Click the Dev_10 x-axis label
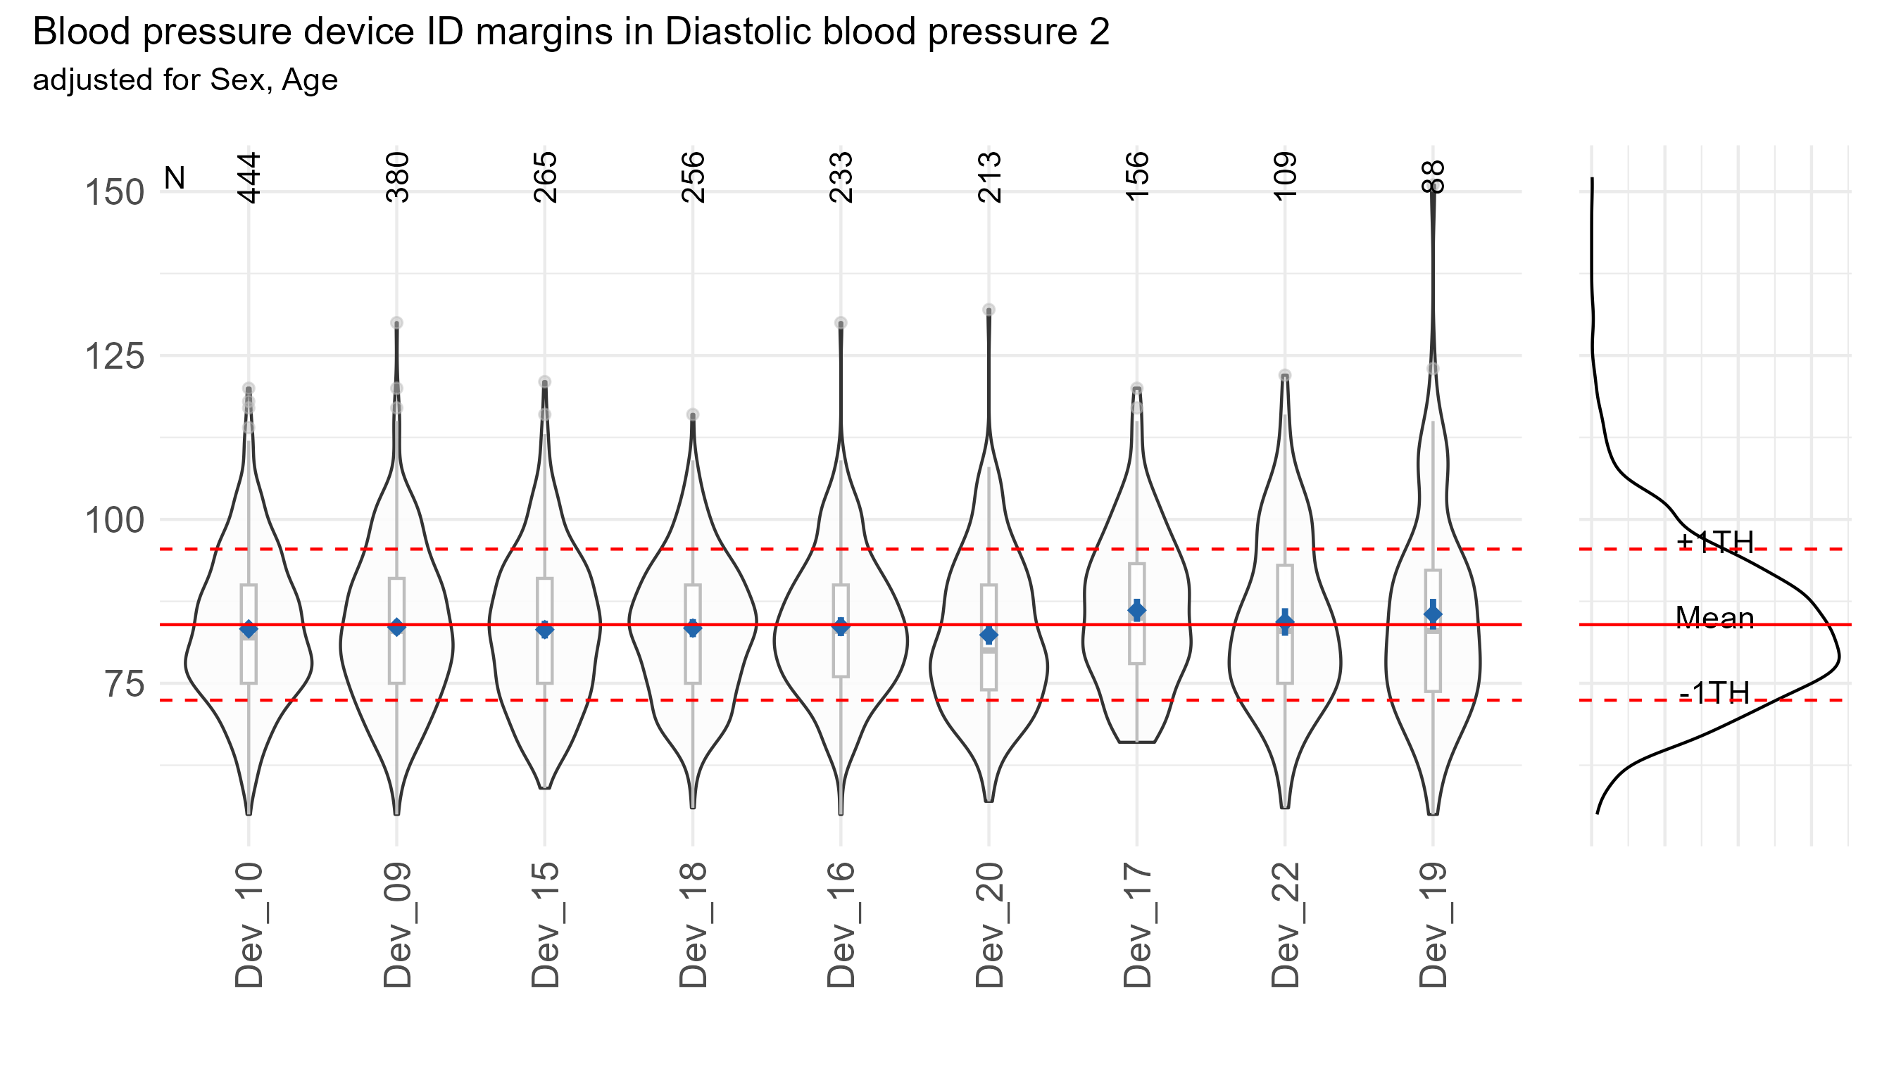click(x=249, y=925)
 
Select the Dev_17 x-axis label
click(x=1137, y=925)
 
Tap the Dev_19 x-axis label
click(x=1433, y=925)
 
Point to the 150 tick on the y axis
click(x=115, y=193)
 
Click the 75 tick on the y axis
click(x=125, y=684)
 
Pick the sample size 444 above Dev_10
click(x=249, y=177)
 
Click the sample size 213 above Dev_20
click(x=989, y=177)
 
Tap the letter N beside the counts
click(x=175, y=178)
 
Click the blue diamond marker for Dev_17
click(x=1137, y=611)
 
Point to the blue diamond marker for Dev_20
click(x=989, y=635)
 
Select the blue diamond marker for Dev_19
click(x=1433, y=614)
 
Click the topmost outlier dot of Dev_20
click(x=989, y=310)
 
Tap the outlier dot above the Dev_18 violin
click(x=693, y=414)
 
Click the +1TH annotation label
click(x=1714, y=542)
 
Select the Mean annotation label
click(x=1714, y=619)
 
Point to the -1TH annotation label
click(x=1714, y=694)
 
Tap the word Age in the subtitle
click(x=309, y=80)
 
